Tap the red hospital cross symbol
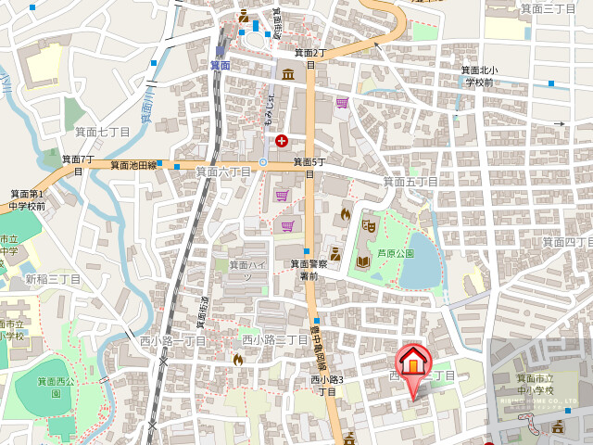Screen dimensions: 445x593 (x=281, y=140)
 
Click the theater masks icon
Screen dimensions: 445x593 (x=369, y=223)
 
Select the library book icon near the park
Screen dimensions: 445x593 (x=363, y=262)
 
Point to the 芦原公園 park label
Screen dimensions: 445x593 (x=395, y=252)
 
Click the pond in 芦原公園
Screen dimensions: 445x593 (x=422, y=271)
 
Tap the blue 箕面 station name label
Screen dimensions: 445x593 (x=220, y=65)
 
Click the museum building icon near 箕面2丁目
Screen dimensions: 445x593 (x=288, y=73)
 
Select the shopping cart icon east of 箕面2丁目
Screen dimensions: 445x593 (x=342, y=102)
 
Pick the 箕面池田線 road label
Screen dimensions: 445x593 (x=132, y=164)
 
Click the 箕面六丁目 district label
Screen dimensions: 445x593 (x=223, y=172)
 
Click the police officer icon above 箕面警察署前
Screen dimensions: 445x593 (x=335, y=252)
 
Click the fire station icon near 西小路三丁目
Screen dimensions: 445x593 (x=238, y=360)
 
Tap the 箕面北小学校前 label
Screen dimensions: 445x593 (x=480, y=76)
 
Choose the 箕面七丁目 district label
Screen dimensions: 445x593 (x=101, y=133)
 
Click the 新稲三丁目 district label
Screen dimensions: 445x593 (x=53, y=279)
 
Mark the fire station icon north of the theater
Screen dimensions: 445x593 (x=347, y=213)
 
